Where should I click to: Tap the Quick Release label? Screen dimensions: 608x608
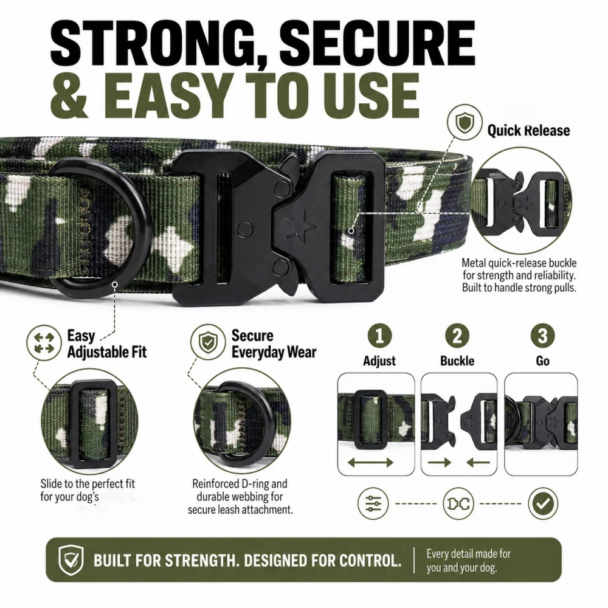528,131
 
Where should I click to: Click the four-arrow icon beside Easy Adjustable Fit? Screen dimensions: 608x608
44,343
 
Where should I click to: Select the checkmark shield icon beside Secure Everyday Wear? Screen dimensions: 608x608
208,342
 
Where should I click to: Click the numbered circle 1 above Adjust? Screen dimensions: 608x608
379,336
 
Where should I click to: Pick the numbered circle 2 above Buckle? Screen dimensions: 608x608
457,336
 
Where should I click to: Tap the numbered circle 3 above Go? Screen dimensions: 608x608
542,336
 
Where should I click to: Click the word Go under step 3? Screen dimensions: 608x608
542,361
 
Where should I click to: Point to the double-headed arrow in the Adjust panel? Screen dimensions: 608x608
370,462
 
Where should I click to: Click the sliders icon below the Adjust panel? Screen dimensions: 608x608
373,503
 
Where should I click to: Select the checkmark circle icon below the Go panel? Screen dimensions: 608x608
543,503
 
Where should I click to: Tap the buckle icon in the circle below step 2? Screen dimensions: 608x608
458,503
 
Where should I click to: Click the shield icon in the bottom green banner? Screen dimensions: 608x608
71,559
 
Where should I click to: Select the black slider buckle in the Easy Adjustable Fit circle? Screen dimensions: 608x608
91,424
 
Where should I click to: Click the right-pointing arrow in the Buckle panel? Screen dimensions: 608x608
440,462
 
